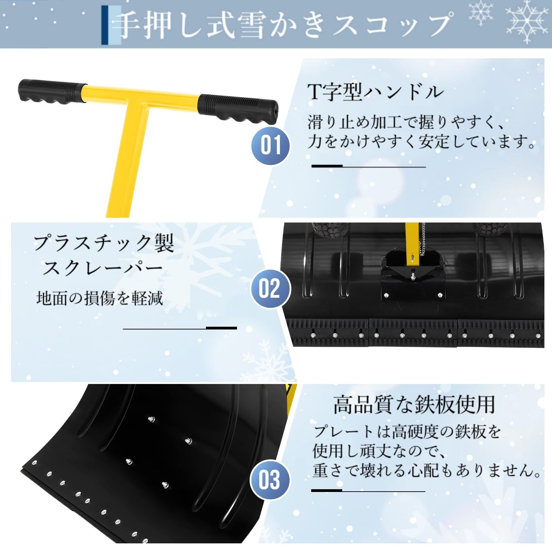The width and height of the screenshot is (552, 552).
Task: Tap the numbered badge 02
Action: [x=269, y=288]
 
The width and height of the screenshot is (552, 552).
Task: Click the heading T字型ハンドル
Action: [x=375, y=92]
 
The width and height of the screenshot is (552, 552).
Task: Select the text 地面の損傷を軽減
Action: [x=99, y=298]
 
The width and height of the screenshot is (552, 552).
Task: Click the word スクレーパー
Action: [x=102, y=269]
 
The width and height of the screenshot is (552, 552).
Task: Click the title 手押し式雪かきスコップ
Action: [x=285, y=24]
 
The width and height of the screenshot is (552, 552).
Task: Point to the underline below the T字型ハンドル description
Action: [x=368, y=167]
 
